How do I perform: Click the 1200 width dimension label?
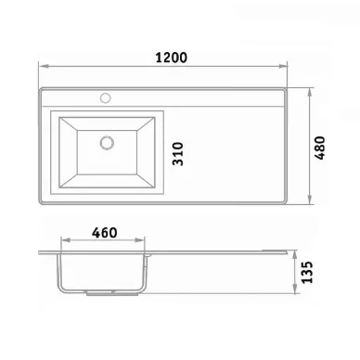click(171, 58)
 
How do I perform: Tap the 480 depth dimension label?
click(320, 148)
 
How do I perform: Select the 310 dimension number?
click(178, 154)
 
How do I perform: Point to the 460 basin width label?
click(105, 233)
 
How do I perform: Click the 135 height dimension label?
click(307, 272)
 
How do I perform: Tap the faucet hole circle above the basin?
click(106, 98)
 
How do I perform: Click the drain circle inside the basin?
click(107, 143)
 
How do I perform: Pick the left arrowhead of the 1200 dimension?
click(43, 66)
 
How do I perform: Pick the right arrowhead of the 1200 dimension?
click(283, 66)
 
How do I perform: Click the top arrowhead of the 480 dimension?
click(310, 93)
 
